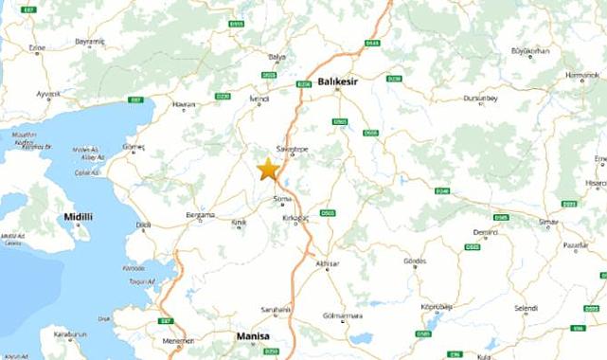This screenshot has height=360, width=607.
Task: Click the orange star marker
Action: pos(268,170)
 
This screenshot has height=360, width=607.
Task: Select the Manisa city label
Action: pos(253,336)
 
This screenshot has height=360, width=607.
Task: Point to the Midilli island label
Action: pos(79,217)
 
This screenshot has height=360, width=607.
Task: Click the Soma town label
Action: pos(282,199)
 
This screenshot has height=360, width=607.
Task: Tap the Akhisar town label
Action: pos(326,264)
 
